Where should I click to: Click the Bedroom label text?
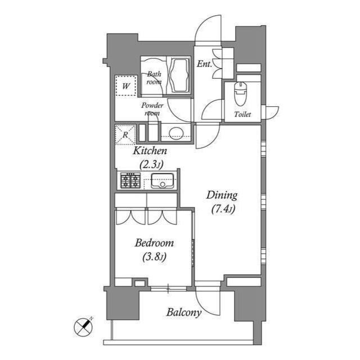154,244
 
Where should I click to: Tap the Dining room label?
222,196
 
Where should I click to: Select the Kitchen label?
150,151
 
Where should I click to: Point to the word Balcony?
183,313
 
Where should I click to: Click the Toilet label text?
242,115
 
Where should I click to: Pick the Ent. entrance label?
204,64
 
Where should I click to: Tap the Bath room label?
154,78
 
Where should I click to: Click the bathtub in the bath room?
179,76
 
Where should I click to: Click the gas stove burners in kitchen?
130,181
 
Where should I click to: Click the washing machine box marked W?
126,86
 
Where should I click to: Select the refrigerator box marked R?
125,134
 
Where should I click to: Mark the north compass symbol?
84,326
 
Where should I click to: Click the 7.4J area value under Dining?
223,209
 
